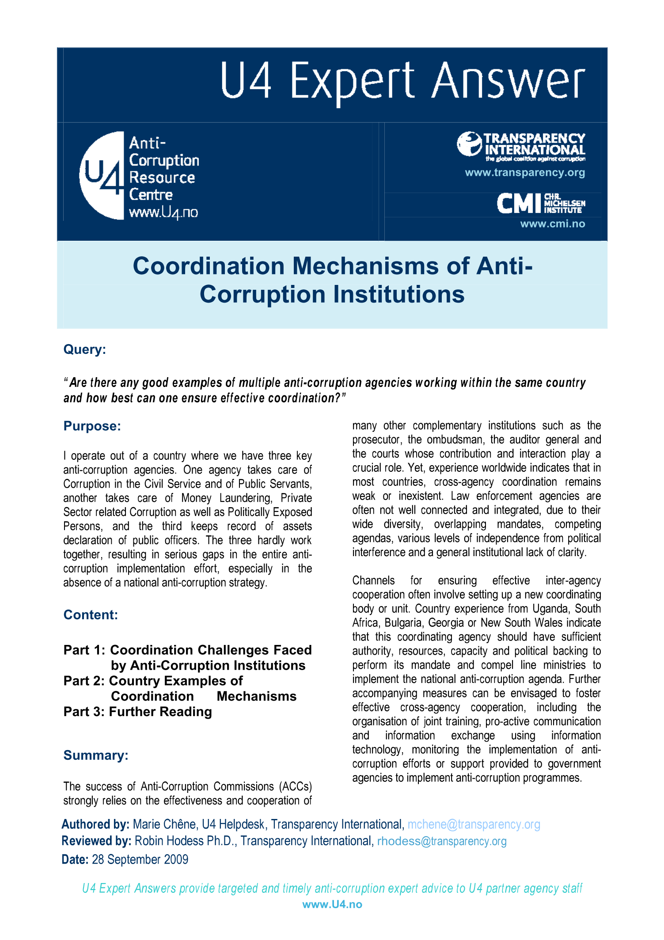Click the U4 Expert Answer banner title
pyautogui.click(x=402, y=81)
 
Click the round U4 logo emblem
pyautogui.click(x=102, y=175)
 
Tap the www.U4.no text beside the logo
pyautogui.click(x=163, y=213)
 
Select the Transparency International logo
pyautogui.click(x=521, y=146)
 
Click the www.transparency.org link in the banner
pyautogui.click(x=525, y=173)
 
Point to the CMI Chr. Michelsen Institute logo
pyautogui.click(x=541, y=203)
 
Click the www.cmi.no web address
pyautogui.click(x=552, y=224)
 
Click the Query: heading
pyautogui.click(x=85, y=349)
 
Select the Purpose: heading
pyautogui.click(x=92, y=426)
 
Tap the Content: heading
pyautogui.click(x=91, y=615)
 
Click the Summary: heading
pyautogui.click(x=96, y=755)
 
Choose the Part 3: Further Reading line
pyautogui.click(x=137, y=712)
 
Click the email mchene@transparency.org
pyautogui.click(x=474, y=824)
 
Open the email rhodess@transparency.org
pyautogui.click(x=442, y=841)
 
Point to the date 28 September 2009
pyautogui.click(x=140, y=859)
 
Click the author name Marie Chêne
pyautogui.click(x=164, y=824)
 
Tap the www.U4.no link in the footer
pyautogui.click(x=332, y=904)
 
